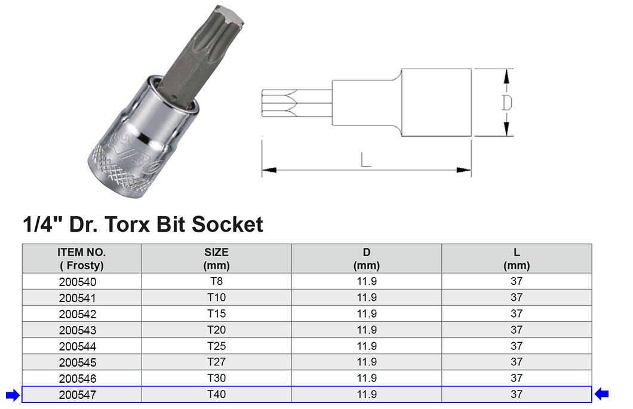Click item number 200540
(x=78, y=282)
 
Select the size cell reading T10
(x=216, y=297)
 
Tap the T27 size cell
(x=216, y=362)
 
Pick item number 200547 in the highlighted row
(x=78, y=395)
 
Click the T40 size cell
(x=216, y=395)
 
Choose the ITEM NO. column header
(x=82, y=259)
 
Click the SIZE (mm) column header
(x=216, y=259)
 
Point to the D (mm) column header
(x=367, y=259)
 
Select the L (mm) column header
(x=517, y=259)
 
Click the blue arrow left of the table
(x=13, y=395)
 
